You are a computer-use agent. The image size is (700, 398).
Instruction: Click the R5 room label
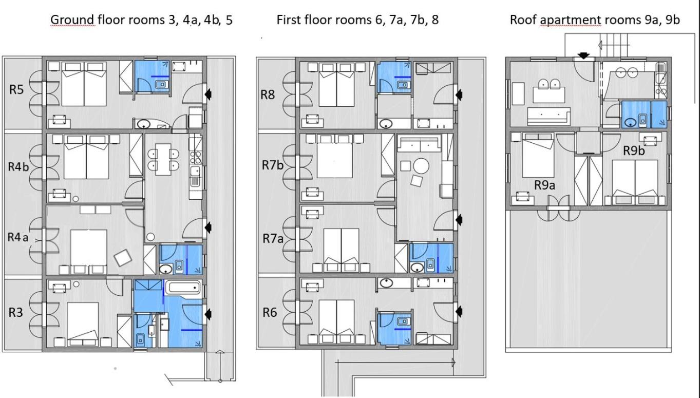coord(16,90)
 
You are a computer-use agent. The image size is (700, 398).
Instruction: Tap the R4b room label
coord(18,167)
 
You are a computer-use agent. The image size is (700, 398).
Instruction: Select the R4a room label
coord(18,237)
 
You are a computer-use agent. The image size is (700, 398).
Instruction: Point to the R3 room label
coord(15,312)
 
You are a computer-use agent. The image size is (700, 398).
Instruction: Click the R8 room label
coord(268,94)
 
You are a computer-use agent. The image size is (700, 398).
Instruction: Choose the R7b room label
coord(273,165)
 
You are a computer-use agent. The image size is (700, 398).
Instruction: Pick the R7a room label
coord(273,239)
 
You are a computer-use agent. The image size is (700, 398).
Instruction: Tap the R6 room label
coord(270,312)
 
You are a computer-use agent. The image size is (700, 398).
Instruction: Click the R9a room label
coord(545,185)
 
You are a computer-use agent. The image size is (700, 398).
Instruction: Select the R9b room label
coord(634,150)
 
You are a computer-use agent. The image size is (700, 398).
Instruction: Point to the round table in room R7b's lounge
coord(421,166)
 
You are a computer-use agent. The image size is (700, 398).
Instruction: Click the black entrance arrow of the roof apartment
coord(583,56)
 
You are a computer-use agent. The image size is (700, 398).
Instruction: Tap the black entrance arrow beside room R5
coord(208,93)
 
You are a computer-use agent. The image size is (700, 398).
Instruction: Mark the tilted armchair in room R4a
coord(123,258)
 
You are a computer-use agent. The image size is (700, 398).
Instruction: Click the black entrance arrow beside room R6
coord(459,311)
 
